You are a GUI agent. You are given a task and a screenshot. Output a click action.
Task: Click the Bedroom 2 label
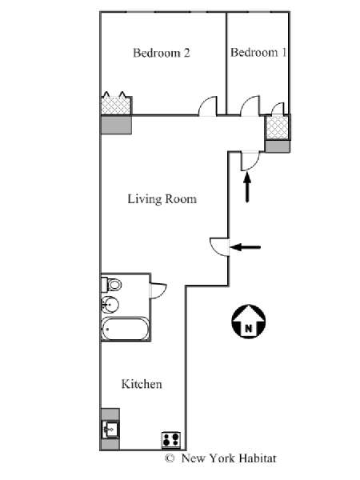click(x=162, y=53)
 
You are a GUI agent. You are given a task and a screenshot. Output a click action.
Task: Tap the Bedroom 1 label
click(x=258, y=52)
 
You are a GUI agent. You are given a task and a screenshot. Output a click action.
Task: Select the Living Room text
click(x=162, y=199)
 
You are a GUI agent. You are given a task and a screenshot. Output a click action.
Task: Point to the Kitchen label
click(x=142, y=384)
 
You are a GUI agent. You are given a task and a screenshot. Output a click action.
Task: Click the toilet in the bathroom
click(x=111, y=285)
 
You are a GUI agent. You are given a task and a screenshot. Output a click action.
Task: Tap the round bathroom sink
click(x=110, y=305)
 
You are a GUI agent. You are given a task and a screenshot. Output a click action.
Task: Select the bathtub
click(x=126, y=329)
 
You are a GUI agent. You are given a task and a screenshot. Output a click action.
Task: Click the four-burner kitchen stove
click(x=171, y=439)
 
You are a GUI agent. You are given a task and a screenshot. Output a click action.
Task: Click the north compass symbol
click(x=248, y=322)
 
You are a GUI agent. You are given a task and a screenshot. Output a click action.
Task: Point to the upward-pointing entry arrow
click(x=247, y=186)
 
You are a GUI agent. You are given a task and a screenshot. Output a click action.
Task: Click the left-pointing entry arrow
click(x=246, y=247)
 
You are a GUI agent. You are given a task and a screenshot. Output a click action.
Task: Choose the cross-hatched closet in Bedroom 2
click(x=116, y=104)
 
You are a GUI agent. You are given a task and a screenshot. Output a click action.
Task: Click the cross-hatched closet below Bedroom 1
click(x=278, y=127)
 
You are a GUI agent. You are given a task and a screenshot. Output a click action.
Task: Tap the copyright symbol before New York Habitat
click(x=170, y=458)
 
